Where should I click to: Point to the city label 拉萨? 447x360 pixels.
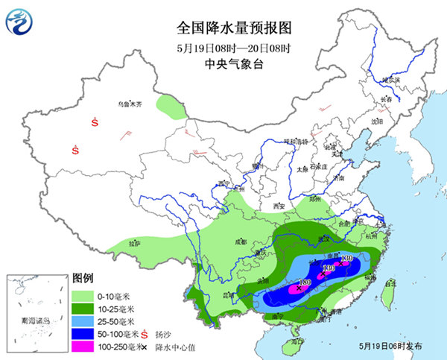[x=134, y=242]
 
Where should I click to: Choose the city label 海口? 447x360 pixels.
[x=297, y=343]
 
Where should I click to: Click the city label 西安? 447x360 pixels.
[x=279, y=205]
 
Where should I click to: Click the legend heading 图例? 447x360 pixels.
[x=83, y=276]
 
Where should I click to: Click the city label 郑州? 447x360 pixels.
[x=316, y=200]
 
